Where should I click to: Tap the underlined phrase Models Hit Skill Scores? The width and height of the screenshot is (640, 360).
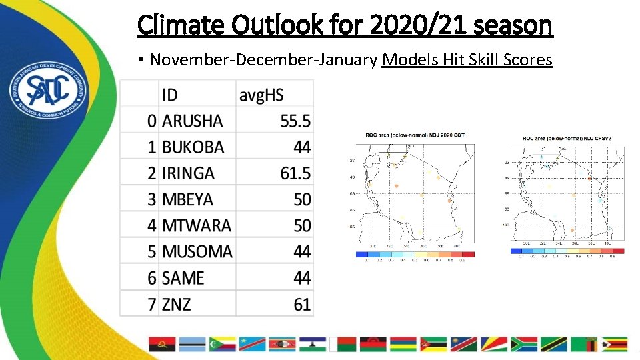(x=467, y=60)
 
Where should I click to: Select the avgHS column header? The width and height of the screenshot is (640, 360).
(x=261, y=95)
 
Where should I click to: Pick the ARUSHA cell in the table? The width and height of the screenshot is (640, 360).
(x=192, y=121)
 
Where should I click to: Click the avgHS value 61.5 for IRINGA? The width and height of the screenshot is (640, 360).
(x=295, y=173)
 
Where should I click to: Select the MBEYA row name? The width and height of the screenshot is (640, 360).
(x=187, y=199)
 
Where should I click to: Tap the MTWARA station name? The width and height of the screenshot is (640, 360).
(x=197, y=225)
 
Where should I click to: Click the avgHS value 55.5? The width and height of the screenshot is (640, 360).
(x=295, y=121)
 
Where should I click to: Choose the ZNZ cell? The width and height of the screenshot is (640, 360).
(x=177, y=305)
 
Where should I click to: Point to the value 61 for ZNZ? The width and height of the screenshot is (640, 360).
(x=302, y=305)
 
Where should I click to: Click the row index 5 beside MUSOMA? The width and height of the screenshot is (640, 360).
(x=152, y=252)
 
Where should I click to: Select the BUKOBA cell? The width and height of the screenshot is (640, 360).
(x=193, y=147)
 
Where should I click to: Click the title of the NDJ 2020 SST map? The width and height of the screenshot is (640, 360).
(x=415, y=135)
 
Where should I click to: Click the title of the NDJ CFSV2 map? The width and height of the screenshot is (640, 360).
(x=567, y=139)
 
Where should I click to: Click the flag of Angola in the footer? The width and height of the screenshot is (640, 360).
(x=162, y=344)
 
